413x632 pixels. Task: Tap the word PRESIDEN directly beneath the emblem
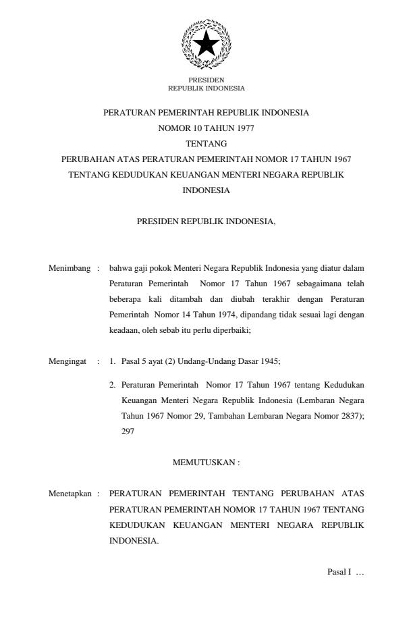click(206, 80)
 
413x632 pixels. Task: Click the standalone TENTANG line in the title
click(206, 143)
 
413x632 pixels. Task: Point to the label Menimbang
click(70, 268)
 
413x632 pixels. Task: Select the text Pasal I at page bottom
click(339, 573)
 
